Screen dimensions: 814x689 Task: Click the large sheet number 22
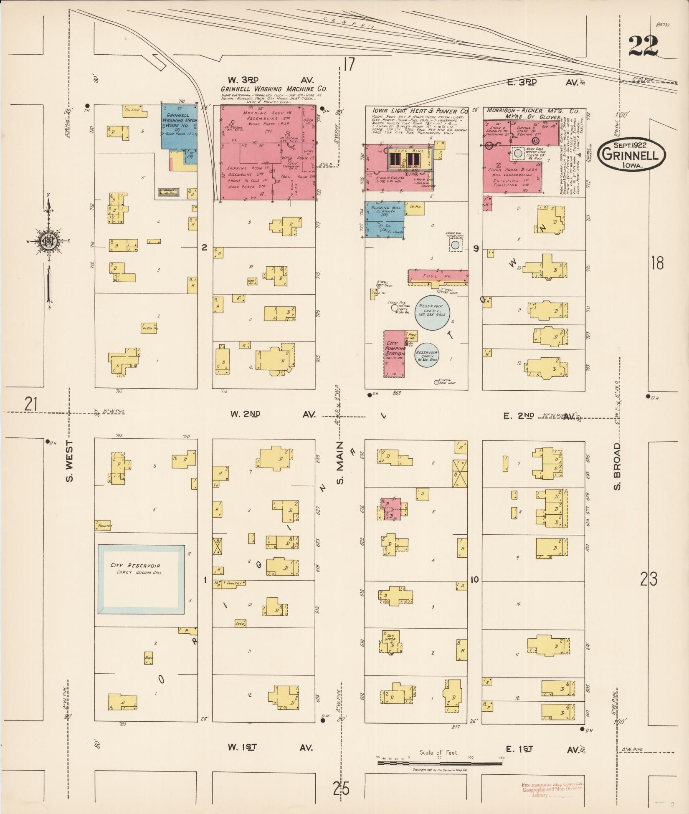[x=643, y=46]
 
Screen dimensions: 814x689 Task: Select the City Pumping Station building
[x=395, y=354]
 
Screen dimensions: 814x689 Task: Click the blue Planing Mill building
[x=385, y=220]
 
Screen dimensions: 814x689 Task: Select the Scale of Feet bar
[x=439, y=763]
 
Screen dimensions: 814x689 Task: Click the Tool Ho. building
[x=437, y=276]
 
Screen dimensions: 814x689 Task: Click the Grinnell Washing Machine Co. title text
[x=274, y=89]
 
